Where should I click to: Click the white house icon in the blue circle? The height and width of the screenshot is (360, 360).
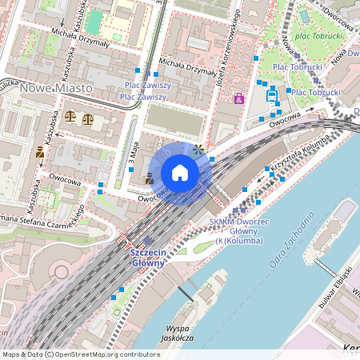pos(180,173)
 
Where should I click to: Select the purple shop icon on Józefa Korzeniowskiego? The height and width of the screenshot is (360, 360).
pos(238,98)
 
